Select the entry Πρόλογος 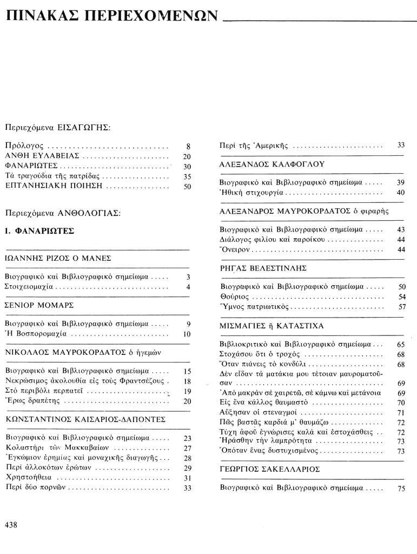click(x=25, y=146)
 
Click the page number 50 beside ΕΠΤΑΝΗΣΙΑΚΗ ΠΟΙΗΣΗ click(x=187, y=187)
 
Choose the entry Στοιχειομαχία click(x=32, y=287)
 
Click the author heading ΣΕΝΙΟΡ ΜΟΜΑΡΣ click(x=39, y=305)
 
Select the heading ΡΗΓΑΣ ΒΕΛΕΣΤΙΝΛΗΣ click(x=263, y=268)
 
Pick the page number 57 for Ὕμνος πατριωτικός click(x=401, y=307)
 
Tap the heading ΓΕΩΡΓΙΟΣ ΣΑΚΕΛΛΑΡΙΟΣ click(x=270, y=469)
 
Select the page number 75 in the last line click(x=401, y=488)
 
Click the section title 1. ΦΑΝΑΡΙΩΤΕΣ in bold click(x=39, y=231)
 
